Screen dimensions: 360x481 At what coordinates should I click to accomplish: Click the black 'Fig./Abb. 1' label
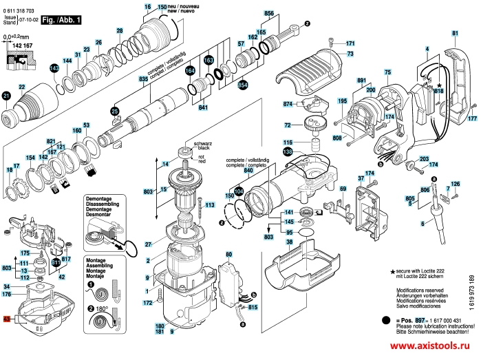pos(61,22)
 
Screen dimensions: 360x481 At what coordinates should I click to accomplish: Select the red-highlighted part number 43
pos(7,320)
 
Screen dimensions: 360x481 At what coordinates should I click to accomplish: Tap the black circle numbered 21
pos(6,96)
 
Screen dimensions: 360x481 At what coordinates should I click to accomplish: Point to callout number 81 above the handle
pos(455,33)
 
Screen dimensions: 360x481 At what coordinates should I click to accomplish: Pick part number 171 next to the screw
pos(350,43)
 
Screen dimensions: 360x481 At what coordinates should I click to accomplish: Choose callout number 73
pos(350,54)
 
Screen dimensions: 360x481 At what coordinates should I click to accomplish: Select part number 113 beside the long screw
pos(211,204)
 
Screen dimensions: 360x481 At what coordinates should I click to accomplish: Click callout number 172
pos(147,303)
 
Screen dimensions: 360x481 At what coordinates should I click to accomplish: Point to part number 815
pos(253,306)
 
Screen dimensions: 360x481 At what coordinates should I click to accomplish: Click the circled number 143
pos(54,69)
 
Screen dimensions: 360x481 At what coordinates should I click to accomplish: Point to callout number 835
pos(143,81)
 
